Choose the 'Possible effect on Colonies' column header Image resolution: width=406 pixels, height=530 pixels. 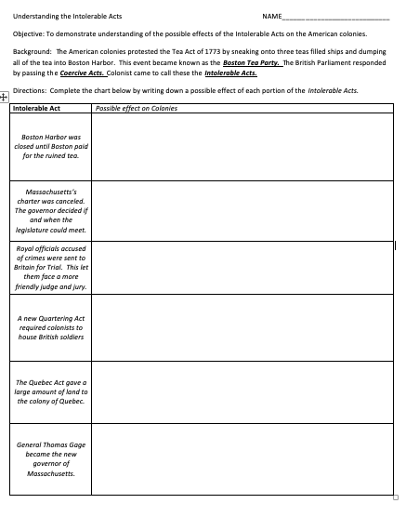137,108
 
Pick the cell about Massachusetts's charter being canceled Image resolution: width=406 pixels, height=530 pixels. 51,211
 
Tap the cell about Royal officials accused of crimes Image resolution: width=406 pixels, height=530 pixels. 51,268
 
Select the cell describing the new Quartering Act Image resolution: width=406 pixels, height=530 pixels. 51,327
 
